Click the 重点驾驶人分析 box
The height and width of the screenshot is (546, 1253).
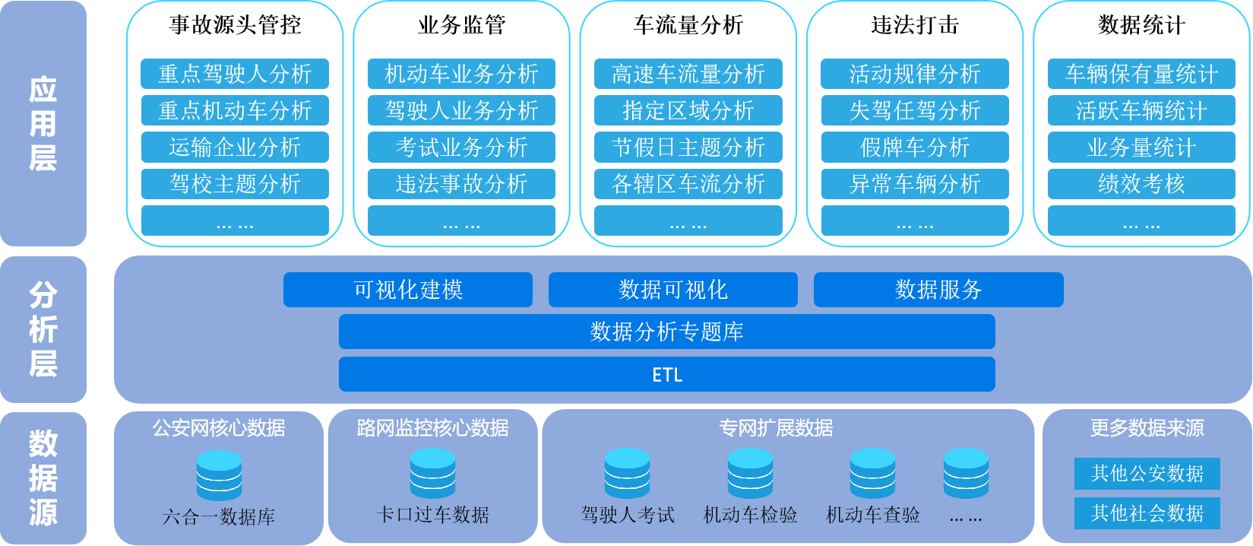pyautogui.click(x=235, y=74)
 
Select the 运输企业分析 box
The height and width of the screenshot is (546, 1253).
pyautogui.click(x=235, y=147)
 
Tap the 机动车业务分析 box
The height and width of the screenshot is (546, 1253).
pyautogui.click(x=461, y=74)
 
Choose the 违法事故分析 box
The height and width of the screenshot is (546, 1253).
pyautogui.click(x=461, y=183)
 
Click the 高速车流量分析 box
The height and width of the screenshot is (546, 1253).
pyautogui.click(x=688, y=74)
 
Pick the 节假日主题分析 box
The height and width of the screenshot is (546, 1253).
pyautogui.click(x=688, y=147)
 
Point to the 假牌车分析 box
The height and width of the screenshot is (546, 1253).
pyautogui.click(x=915, y=147)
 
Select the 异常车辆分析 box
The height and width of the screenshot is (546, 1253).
pyautogui.click(x=915, y=183)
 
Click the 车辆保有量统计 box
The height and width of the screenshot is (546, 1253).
pyautogui.click(x=1141, y=74)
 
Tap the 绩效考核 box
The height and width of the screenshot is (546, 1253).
pyautogui.click(x=1141, y=183)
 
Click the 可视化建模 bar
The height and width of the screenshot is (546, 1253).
pyautogui.click(x=408, y=290)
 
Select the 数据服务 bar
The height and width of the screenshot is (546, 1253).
pyautogui.click(x=938, y=290)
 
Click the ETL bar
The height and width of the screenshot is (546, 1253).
pyautogui.click(x=667, y=374)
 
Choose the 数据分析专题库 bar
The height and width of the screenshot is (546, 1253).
pyautogui.click(x=667, y=332)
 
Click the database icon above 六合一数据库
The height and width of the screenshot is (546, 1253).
pyautogui.click(x=219, y=475)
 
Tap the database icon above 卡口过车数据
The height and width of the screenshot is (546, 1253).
pyautogui.click(x=432, y=474)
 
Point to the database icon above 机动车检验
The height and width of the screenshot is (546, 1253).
pyautogui.click(x=750, y=474)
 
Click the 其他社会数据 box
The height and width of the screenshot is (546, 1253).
pyautogui.click(x=1147, y=513)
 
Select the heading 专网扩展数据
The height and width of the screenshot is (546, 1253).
pyautogui.click(x=776, y=428)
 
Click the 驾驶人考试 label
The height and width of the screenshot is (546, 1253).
pyautogui.click(x=628, y=516)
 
